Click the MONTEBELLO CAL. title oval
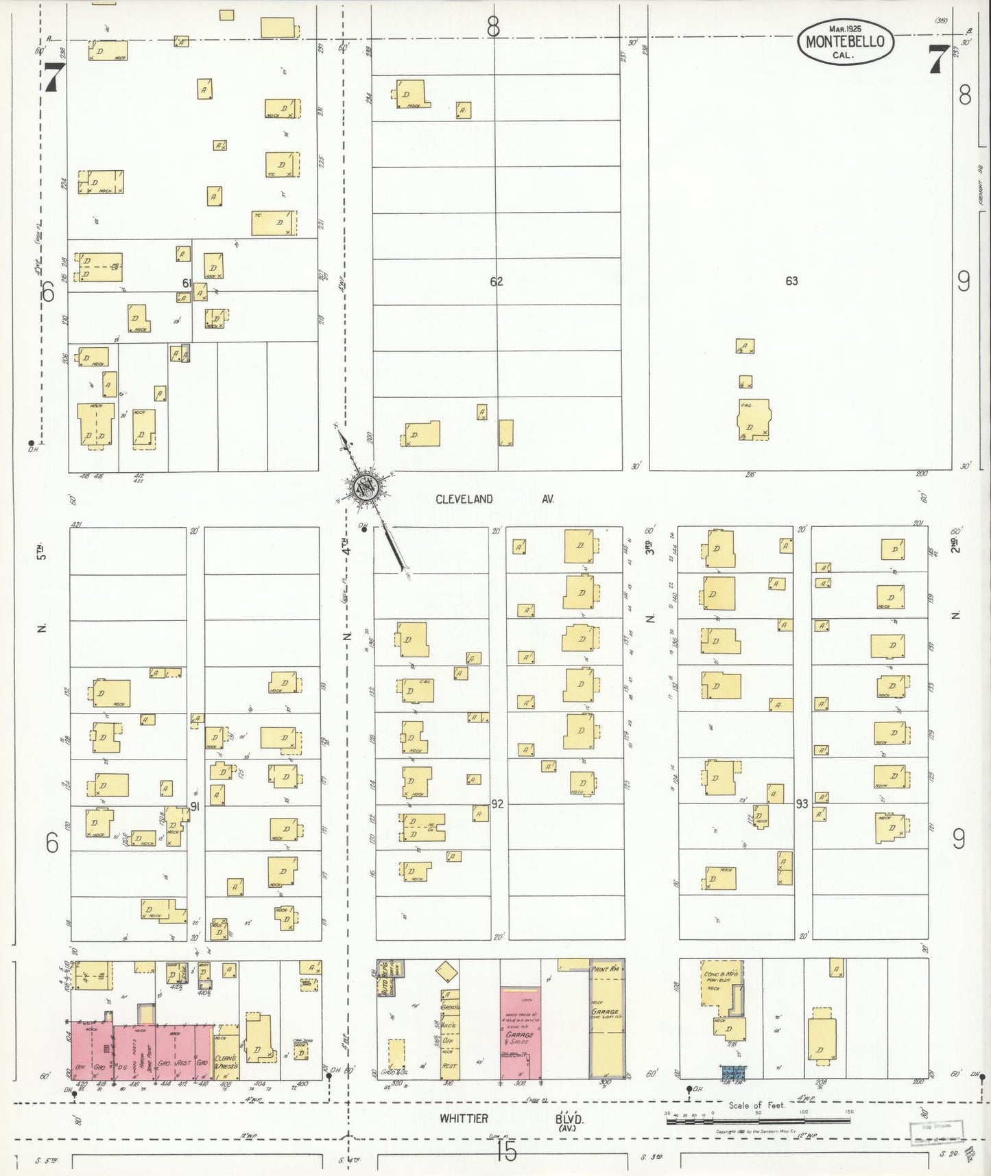tap(846, 42)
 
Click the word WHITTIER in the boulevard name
tap(464, 1118)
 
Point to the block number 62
tap(496, 281)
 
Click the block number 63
tap(791, 281)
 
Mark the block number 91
tap(195, 807)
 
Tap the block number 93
tap(802, 803)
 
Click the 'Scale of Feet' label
tap(757, 1105)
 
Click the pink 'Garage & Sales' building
tap(520, 1033)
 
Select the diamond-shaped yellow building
tap(446, 972)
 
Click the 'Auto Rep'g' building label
tap(385, 978)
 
